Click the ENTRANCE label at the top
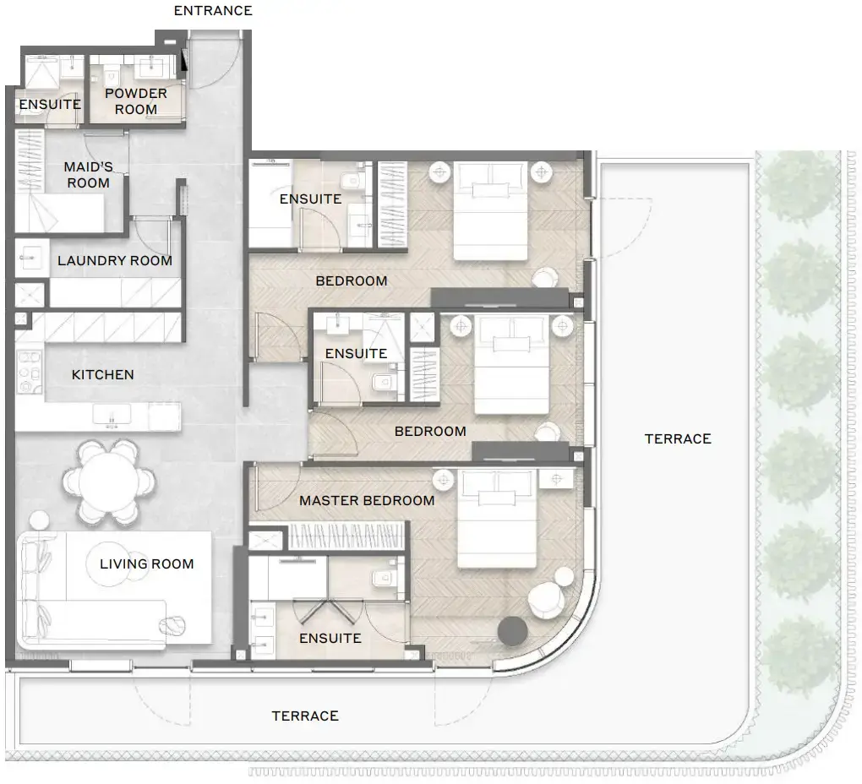click(x=213, y=11)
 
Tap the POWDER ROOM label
click(x=136, y=101)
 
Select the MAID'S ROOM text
click(x=88, y=175)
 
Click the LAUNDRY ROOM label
click(x=115, y=261)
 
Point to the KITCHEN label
click(x=102, y=374)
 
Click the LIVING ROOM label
click(x=147, y=563)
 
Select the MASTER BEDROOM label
click(x=367, y=500)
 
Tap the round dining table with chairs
click(x=110, y=480)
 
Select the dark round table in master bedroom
click(x=512, y=630)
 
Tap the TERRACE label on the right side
click(x=678, y=438)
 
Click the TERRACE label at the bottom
click(x=305, y=716)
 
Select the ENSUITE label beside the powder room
click(x=50, y=105)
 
